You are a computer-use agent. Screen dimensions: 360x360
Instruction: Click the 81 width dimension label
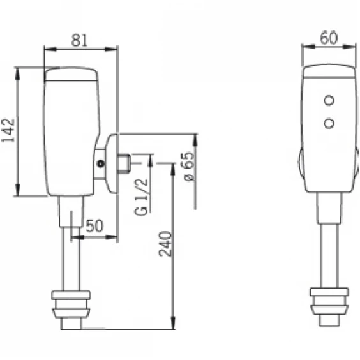[x=79, y=40]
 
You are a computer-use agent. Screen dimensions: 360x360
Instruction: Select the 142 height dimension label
[x=8, y=130]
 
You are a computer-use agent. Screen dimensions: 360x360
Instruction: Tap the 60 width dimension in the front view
[x=329, y=37]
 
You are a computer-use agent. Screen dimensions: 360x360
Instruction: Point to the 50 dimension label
[x=94, y=226]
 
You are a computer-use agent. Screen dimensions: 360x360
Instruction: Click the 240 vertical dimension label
[x=165, y=244]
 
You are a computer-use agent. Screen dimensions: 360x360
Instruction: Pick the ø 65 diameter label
[x=190, y=166]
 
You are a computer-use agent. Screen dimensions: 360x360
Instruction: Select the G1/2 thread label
[x=141, y=197]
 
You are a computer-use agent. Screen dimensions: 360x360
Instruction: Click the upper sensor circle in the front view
[x=329, y=100]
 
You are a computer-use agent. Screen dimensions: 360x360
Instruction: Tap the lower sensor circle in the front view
[x=329, y=123]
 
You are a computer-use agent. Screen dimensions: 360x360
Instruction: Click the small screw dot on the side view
[x=101, y=163]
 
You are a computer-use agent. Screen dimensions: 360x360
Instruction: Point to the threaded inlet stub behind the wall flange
[x=124, y=163]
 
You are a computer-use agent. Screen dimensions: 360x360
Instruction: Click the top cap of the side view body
[x=71, y=73]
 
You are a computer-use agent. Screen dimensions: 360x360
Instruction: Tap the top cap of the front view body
[x=329, y=71]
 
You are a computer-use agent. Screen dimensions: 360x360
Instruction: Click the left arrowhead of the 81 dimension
[x=50, y=49]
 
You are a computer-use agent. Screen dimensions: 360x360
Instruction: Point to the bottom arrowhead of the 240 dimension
[x=174, y=322]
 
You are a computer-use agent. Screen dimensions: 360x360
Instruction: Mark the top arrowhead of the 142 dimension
[x=17, y=73]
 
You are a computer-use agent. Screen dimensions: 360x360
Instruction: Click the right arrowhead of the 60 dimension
[x=349, y=47]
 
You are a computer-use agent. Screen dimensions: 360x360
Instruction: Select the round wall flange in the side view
[x=112, y=163]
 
